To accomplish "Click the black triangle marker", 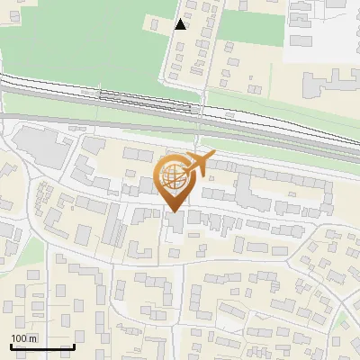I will point(181,24).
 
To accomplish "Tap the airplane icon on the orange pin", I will point(199,163).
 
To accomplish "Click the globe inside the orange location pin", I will point(173,177).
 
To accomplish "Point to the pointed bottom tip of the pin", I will point(173,212).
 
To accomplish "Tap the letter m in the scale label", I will point(34,338).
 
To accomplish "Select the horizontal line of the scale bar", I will point(42,346).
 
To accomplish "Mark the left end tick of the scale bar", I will point(11,346).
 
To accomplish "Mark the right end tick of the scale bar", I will point(74,346).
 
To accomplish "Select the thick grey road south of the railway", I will point(90,120).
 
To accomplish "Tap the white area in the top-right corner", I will point(324,27).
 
